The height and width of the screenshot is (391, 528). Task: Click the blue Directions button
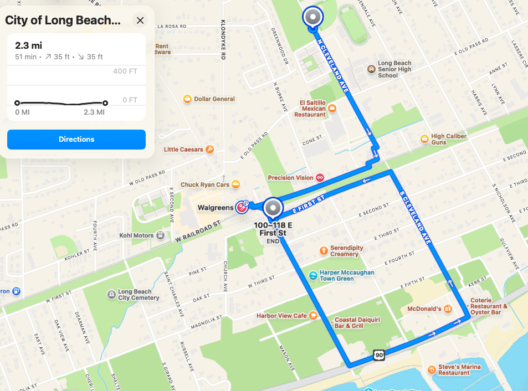point(76,140)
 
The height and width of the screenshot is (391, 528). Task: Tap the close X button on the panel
point(140,20)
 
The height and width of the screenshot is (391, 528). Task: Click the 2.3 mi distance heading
point(29,45)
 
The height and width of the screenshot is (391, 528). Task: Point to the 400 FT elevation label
point(125,71)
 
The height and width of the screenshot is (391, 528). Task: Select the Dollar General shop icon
point(188,99)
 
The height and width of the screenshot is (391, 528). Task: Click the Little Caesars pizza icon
point(209,150)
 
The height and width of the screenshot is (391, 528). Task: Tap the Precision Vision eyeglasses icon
point(320,178)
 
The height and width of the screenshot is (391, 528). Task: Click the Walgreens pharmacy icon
point(242,207)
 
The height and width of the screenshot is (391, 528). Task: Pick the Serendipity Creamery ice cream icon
point(324,251)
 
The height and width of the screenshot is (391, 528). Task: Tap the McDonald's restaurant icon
point(448,308)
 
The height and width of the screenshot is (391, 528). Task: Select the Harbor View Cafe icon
point(314,316)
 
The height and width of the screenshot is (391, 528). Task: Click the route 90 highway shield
point(379,354)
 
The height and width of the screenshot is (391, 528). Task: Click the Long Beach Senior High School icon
point(371,69)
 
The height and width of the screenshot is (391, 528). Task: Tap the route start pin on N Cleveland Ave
point(312,17)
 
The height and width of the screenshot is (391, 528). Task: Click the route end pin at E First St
point(272,208)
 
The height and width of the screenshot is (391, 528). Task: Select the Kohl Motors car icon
point(160,235)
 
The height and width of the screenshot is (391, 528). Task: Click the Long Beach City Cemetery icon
point(111,293)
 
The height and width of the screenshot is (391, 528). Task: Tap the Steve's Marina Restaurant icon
point(432,369)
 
